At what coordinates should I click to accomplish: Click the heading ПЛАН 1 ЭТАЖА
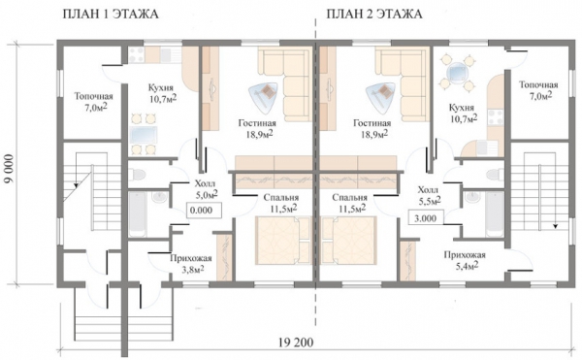click(x=111, y=14)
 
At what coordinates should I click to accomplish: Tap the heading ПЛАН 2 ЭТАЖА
click(x=374, y=14)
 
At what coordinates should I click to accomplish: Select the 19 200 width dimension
click(x=296, y=343)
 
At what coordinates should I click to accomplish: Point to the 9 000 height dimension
click(x=10, y=168)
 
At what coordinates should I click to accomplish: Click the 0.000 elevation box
click(x=203, y=211)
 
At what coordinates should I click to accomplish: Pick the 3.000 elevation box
click(x=426, y=218)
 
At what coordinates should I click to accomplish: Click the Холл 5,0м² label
click(x=205, y=188)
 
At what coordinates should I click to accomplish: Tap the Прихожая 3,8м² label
click(x=191, y=264)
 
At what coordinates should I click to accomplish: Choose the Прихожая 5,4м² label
click(x=465, y=260)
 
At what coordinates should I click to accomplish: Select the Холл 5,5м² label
click(x=429, y=195)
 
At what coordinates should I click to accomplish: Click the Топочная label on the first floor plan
click(x=93, y=96)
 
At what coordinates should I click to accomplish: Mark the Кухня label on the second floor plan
click(x=462, y=108)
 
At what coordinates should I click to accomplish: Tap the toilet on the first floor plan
click(x=138, y=174)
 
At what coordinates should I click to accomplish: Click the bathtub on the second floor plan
click(x=495, y=214)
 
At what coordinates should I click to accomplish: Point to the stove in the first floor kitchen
click(x=136, y=55)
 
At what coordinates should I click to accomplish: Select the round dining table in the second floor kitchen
click(x=456, y=72)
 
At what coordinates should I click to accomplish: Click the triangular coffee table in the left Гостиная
click(x=264, y=95)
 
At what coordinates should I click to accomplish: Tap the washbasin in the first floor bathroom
click(x=160, y=197)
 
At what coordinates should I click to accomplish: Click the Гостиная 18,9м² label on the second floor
click(x=372, y=128)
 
